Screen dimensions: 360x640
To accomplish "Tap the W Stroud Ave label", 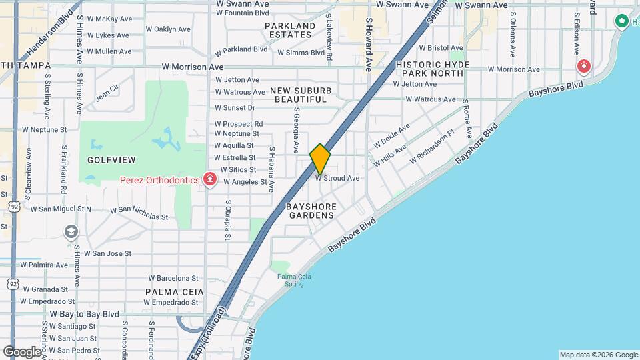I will pos(337,179).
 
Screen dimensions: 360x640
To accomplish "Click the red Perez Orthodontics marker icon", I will pos(210,180).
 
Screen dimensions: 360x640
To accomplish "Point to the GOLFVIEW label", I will pos(111,160).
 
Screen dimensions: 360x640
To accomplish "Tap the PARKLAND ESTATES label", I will pos(290,31).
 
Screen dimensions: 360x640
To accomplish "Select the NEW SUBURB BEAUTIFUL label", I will pos(301,95).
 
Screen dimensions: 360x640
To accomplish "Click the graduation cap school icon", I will pos(71,231).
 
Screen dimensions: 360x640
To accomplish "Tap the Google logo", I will pos(21,351).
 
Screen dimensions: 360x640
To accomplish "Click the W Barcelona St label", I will pos(173,278).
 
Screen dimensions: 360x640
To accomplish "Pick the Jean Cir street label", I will pos(107,92).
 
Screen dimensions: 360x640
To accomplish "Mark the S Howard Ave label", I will pos(368,43).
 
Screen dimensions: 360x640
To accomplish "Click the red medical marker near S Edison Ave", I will pos(584,66).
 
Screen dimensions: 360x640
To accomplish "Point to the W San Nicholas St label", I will pos(139,213).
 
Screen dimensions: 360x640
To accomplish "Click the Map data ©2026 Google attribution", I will pos(599,355).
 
